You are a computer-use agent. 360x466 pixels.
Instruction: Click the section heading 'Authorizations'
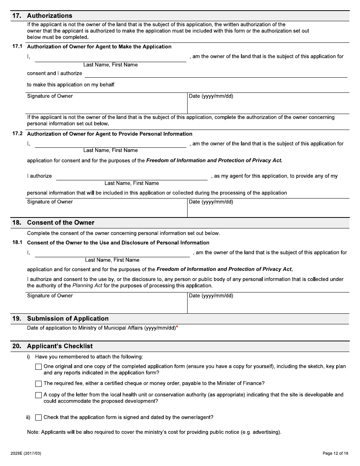coord(50,16)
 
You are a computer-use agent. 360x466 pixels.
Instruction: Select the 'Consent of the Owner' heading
coord(61,223)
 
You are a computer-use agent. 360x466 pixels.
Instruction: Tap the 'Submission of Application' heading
coord(68,319)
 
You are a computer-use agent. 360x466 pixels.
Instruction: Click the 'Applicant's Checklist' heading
coord(60,346)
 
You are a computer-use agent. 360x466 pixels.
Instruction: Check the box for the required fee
coord(38,384)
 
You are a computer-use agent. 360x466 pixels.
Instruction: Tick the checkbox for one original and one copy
coord(38,367)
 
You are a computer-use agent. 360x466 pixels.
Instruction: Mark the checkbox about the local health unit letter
coord(38,395)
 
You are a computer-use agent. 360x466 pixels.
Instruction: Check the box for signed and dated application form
coord(38,418)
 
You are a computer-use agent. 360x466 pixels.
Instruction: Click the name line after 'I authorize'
coord(131,177)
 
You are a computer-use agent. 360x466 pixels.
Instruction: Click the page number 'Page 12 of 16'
coord(335,453)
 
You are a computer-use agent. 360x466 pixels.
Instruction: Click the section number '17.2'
coord(18,134)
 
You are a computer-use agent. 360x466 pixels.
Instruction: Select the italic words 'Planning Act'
coord(87,286)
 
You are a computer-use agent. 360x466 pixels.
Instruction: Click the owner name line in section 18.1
coord(112,253)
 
